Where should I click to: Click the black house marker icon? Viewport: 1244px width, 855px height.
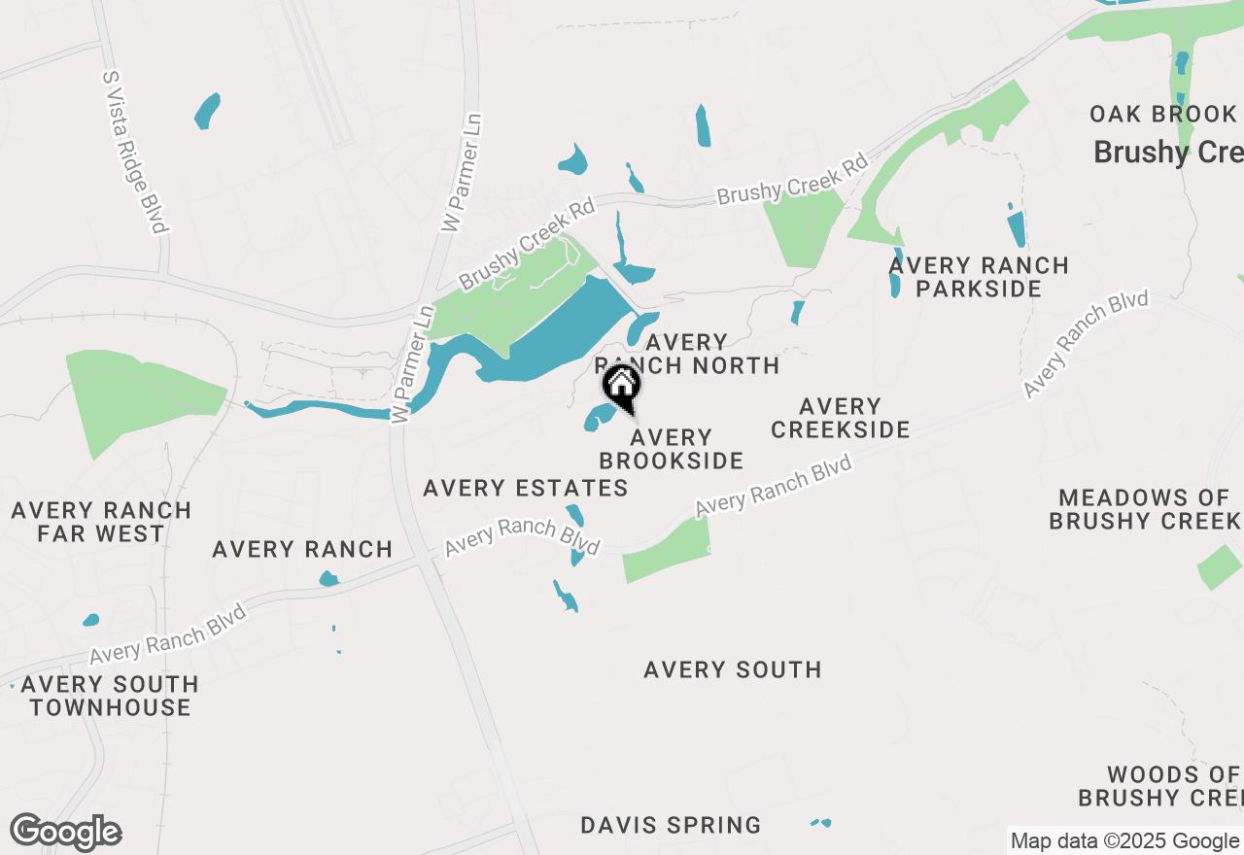pyautogui.click(x=621, y=387)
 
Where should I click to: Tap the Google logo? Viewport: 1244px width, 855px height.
pyautogui.click(x=65, y=833)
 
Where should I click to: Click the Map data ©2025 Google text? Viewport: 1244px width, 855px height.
pyautogui.click(x=1124, y=841)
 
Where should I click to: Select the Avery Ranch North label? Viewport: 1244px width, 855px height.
pyautogui.click(x=687, y=354)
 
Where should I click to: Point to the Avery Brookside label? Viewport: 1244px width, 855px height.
pyautogui.click(x=671, y=449)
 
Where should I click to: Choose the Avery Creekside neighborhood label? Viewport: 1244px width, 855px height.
pyautogui.click(x=841, y=418)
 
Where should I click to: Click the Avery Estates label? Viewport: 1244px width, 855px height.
pyautogui.click(x=526, y=488)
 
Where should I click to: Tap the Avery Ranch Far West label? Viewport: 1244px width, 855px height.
pyautogui.click(x=101, y=522)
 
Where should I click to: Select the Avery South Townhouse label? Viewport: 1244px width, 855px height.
pyautogui.click(x=110, y=696)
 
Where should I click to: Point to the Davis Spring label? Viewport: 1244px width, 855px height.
pyautogui.click(x=671, y=826)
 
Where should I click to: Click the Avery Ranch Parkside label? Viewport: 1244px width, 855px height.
pyautogui.click(x=979, y=277)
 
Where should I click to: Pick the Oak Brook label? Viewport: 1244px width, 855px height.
pyautogui.click(x=1162, y=115)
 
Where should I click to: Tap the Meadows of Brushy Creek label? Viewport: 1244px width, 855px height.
pyautogui.click(x=1145, y=509)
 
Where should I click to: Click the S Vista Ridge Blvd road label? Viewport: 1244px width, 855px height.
pyautogui.click(x=135, y=152)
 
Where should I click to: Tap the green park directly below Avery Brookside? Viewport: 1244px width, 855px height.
pyautogui.click(x=668, y=549)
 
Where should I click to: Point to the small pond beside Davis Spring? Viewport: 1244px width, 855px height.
pyautogui.click(x=821, y=824)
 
